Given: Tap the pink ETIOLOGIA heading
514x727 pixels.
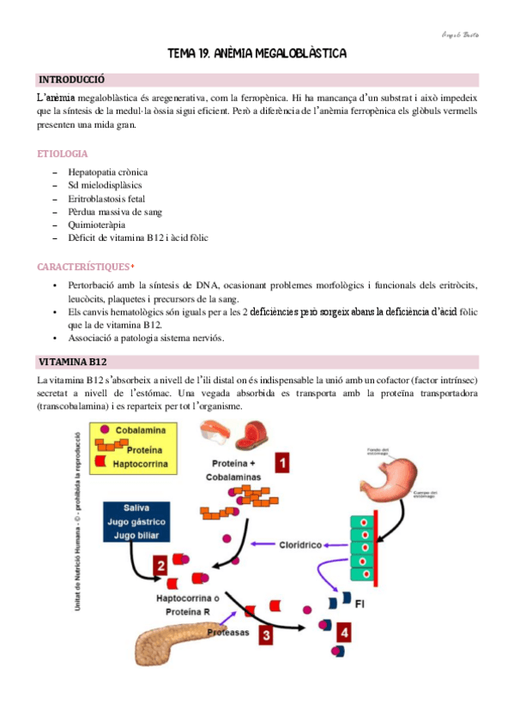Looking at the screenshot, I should pyautogui.click(x=63, y=153).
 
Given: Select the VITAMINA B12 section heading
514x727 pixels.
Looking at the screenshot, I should pyautogui.click(x=71, y=362).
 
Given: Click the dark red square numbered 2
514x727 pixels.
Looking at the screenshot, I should pyautogui.click(x=160, y=565).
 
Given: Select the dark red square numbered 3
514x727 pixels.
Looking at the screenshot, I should pyautogui.click(x=267, y=635).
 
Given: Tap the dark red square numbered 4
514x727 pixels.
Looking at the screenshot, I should pyautogui.click(x=343, y=634).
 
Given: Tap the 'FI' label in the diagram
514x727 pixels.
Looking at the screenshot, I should pyautogui.click(x=366, y=604).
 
